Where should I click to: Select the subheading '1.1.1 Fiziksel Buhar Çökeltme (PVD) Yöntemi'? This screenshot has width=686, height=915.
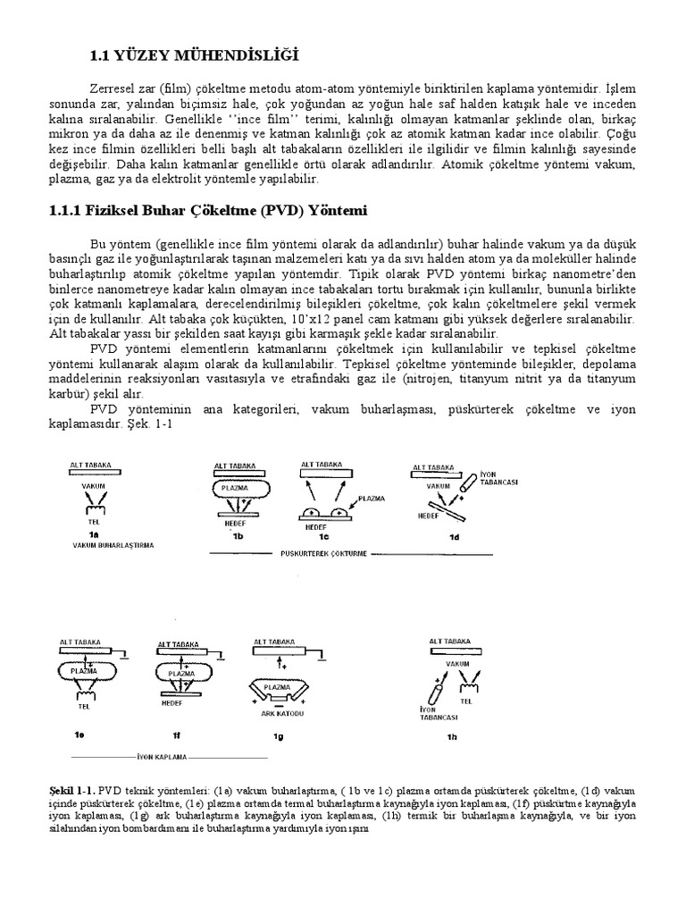[x=206, y=211]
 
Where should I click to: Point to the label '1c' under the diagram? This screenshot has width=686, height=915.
[x=327, y=536]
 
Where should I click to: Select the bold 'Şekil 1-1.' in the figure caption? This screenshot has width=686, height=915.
[x=73, y=792]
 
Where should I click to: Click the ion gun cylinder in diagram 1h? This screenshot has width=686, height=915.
[x=439, y=691]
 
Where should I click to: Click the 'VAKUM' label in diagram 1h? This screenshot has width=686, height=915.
[x=457, y=664]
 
